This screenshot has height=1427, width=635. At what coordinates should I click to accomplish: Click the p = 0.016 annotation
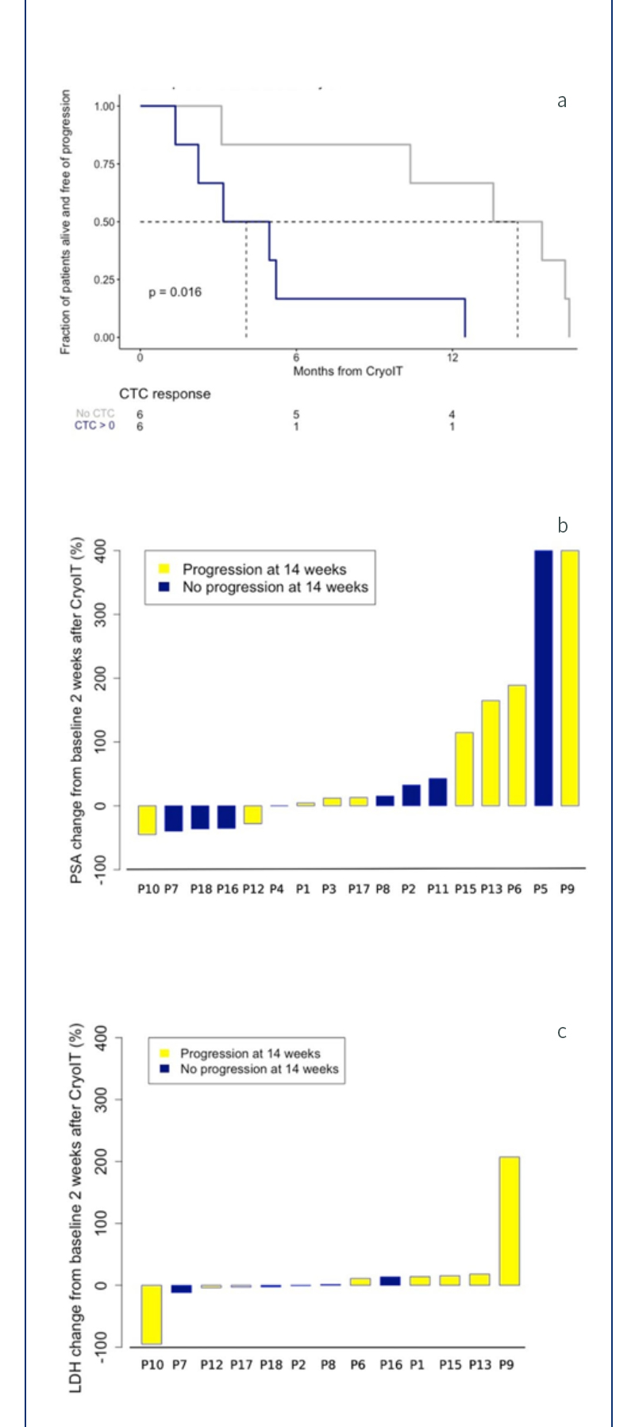(175, 292)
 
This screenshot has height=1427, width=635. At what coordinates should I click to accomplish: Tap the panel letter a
(562, 101)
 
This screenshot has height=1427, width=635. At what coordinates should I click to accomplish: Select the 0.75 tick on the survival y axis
(106, 164)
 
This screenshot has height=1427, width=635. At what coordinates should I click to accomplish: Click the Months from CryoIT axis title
(348, 371)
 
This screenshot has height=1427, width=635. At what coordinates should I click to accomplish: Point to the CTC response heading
(164, 394)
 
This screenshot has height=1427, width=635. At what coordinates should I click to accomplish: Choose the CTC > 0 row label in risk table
(94, 426)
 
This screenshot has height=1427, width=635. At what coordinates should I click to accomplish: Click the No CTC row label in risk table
(94, 413)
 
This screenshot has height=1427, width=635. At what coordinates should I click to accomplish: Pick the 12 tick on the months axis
(452, 358)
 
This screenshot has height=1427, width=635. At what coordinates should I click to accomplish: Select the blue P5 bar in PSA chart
(543, 678)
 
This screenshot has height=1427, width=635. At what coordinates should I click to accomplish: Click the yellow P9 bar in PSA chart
(570, 678)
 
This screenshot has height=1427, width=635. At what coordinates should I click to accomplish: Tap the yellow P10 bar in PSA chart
(147, 820)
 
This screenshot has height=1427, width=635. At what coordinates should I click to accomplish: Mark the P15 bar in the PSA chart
(464, 769)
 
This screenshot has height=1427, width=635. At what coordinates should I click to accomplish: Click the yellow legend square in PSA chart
(164, 569)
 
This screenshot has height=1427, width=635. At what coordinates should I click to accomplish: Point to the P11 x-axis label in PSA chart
(437, 890)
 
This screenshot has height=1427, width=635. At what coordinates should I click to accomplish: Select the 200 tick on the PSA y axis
(99, 678)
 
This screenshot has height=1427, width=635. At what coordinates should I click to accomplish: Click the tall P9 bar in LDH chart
(509, 1221)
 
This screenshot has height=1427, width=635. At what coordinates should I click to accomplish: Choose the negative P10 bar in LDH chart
(151, 1314)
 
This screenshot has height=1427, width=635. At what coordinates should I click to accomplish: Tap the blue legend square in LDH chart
(164, 1069)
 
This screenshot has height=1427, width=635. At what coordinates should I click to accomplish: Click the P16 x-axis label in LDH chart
(391, 1365)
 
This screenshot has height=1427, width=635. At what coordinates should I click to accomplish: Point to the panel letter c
(562, 1032)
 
